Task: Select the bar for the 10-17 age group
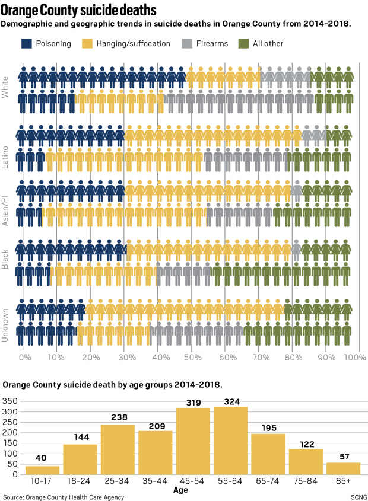(43, 470)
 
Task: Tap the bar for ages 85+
(343, 468)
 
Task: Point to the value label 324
(231, 402)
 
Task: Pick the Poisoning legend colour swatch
(27, 43)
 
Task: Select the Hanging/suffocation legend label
(133, 43)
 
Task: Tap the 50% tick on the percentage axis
(191, 358)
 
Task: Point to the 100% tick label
(354, 358)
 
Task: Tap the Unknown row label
(5, 326)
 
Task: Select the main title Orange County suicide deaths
(79, 11)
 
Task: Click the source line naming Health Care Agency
(64, 497)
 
